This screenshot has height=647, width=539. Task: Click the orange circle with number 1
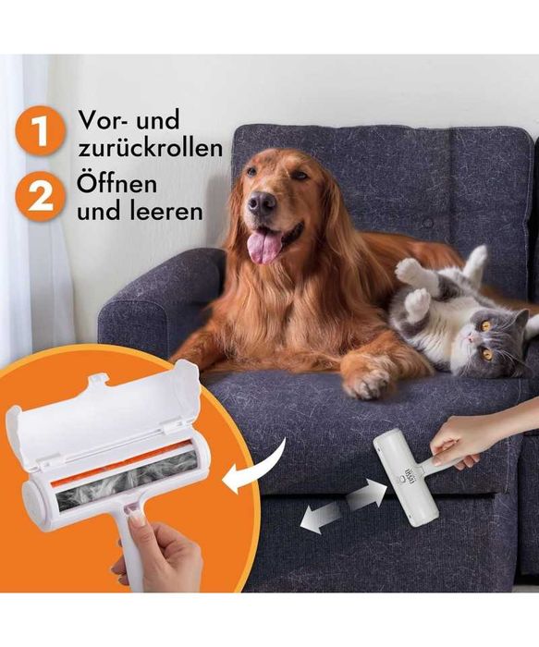click(40, 132)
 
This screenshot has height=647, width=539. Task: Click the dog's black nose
click(262, 201)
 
